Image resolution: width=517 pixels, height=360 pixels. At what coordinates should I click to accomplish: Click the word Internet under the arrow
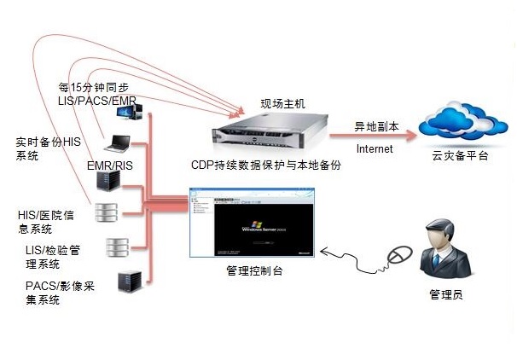click(x=375, y=149)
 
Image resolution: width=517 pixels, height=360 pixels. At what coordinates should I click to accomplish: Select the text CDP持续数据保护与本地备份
click(x=268, y=165)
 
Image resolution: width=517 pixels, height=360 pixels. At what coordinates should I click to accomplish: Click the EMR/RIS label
click(x=108, y=164)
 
